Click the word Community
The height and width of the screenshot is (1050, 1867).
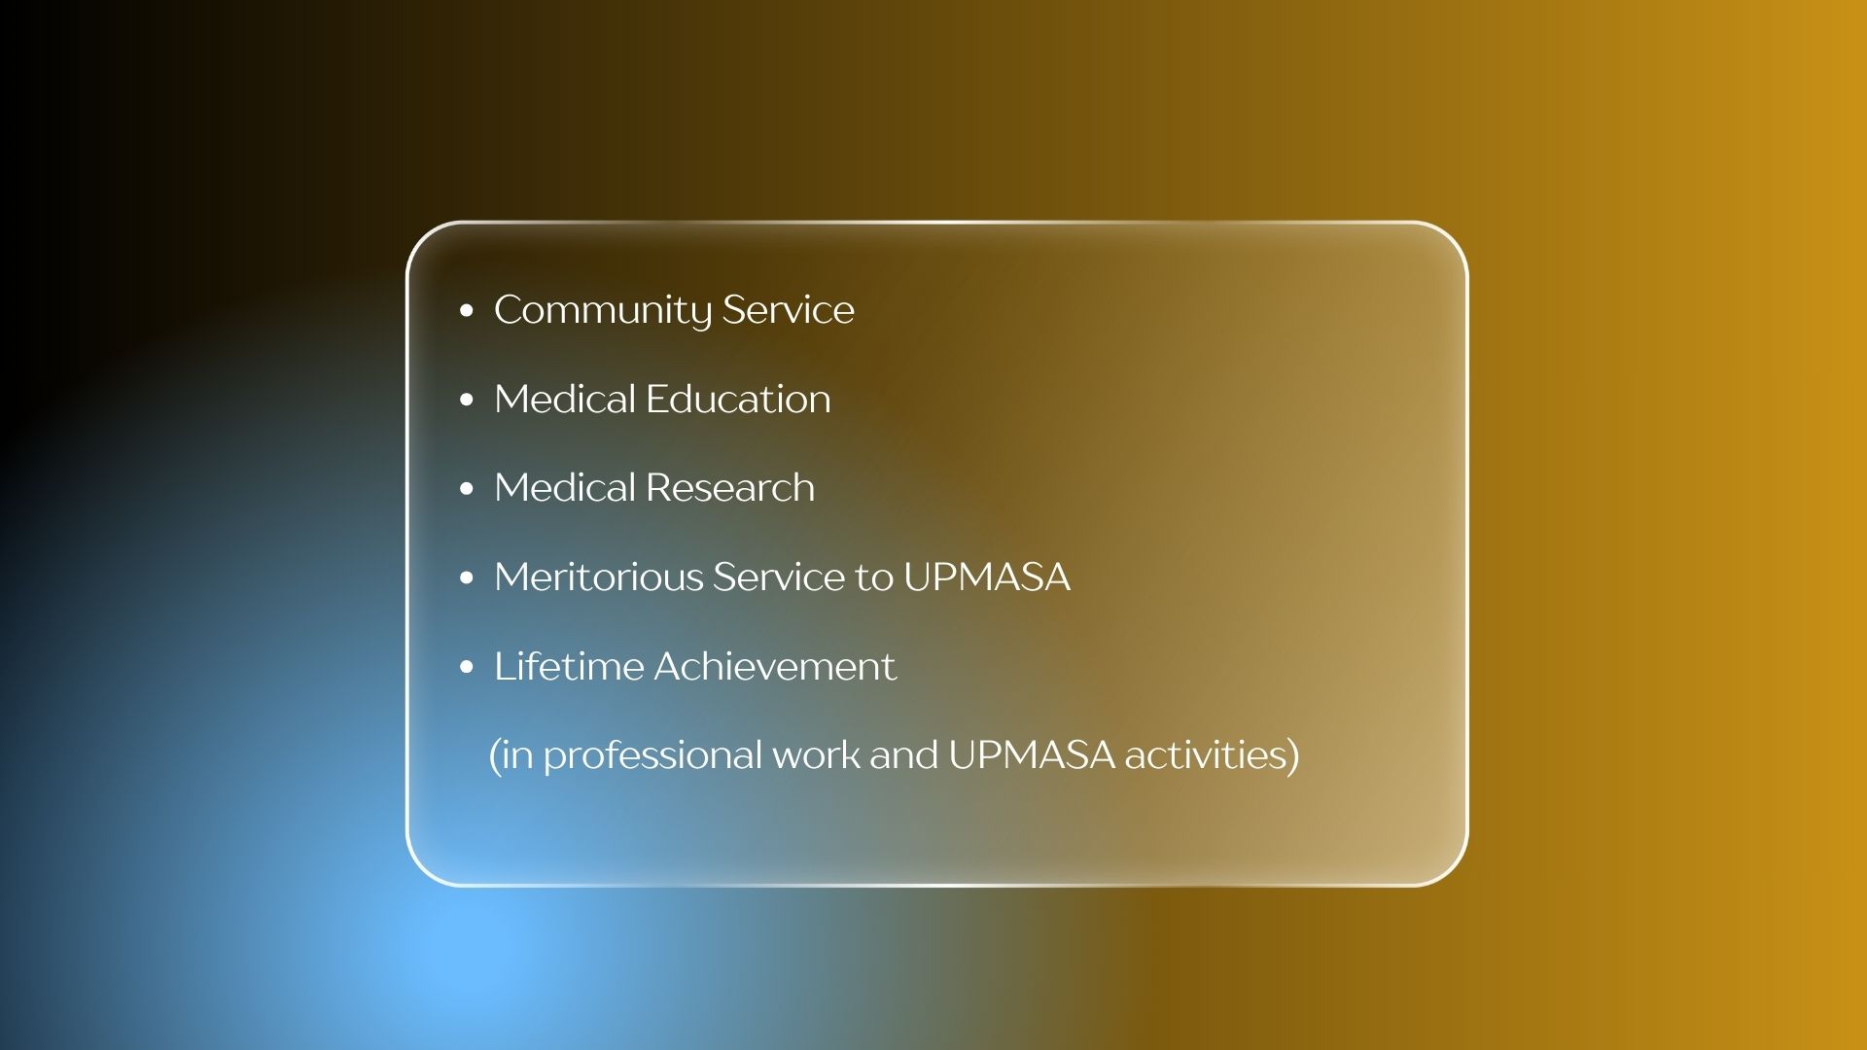pos(603,311)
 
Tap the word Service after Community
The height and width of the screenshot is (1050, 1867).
pos(789,309)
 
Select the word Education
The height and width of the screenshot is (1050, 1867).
pos(738,399)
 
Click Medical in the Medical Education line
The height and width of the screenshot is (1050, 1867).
pos(564,399)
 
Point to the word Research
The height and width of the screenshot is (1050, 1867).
pos(730,487)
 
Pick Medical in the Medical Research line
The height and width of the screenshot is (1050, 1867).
pos(564,487)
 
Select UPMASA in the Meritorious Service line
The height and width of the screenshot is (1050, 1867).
pos(987,577)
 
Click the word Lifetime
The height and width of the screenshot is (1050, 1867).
pos(569,666)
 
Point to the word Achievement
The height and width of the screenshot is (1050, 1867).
pos(775,666)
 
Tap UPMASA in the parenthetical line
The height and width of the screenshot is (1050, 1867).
pos(1031,754)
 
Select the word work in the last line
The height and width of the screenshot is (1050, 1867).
pos(816,754)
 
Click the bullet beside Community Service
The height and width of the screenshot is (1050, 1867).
pos(467,311)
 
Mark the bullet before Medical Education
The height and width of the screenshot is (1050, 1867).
pos(467,400)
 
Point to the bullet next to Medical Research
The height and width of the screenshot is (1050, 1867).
pos(467,489)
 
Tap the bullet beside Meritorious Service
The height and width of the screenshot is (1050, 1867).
pos(467,577)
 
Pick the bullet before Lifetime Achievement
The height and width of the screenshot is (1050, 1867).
pos(467,667)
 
